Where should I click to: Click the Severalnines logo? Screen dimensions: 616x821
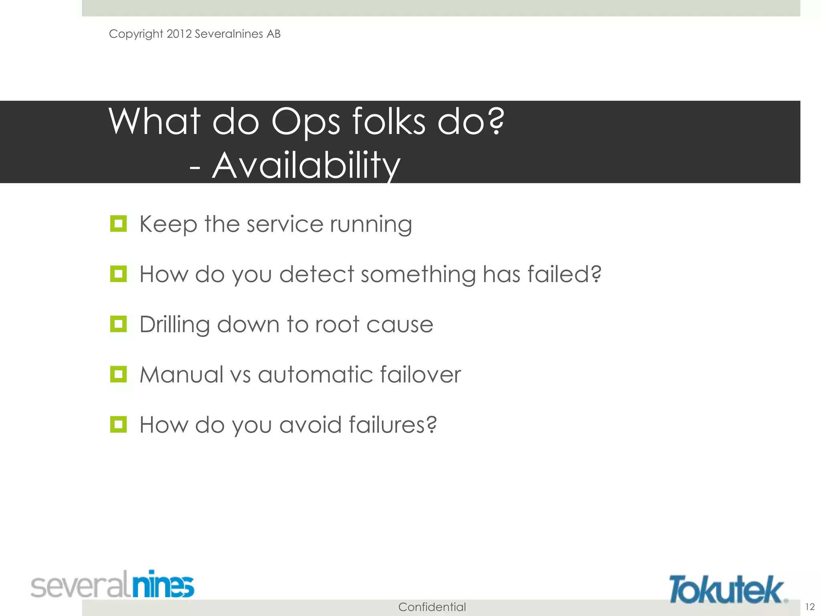[113, 585]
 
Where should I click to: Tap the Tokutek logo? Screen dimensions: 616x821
[727, 589]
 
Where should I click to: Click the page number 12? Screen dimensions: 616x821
[810, 607]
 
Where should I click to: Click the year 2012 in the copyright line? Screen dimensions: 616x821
[179, 34]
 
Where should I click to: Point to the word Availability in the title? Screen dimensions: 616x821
[306, 165]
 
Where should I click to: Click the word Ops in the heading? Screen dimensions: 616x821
[305, 122]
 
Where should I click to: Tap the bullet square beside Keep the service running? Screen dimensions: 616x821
[118, 224]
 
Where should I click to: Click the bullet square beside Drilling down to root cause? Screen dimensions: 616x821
[118, 324]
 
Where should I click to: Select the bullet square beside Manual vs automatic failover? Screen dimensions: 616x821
[118, 374]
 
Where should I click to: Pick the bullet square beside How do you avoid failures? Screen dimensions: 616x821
[118, 424]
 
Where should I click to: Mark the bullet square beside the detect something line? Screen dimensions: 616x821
[118, 274]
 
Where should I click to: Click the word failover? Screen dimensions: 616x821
[420, 375]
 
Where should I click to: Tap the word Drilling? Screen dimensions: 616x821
[174, 324]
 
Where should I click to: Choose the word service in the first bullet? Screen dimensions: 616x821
[285, 224]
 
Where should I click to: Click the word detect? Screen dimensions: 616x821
[316, 274]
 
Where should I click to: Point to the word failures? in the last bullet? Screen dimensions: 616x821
[392, 425]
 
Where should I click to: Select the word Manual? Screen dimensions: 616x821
[181, 375]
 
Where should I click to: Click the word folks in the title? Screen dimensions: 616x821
[388, 121]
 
